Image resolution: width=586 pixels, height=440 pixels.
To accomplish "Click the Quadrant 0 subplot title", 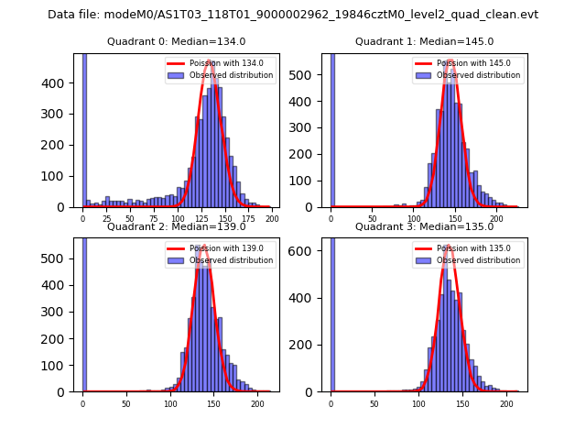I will click(176, 41).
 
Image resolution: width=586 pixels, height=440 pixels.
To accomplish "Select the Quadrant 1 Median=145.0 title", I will click(424, 41).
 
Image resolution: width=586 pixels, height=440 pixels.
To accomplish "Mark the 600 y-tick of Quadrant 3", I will click(309, 251).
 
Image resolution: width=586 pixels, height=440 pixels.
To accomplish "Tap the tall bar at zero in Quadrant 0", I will click(84, 128).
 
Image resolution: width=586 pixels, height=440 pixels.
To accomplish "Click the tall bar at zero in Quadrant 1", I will click(331, 128).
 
